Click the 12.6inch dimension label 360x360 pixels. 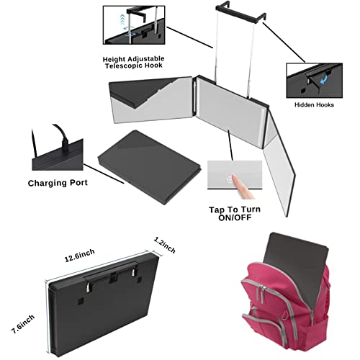click(80, 256)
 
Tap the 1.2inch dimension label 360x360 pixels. click(165, 245)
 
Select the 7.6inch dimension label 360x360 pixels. click(23, 324)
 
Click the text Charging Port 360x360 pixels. click(58, 183)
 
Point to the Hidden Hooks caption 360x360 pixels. click(314, 105)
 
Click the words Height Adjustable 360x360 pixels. click(134, 59)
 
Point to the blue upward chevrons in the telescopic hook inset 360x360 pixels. click(122, 19)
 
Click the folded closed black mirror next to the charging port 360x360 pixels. click(149, 167)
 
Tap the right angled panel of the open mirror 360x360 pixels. click(279, 163)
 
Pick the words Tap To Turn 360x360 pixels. click(235, 210)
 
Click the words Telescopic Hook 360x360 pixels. click(134, 66)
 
